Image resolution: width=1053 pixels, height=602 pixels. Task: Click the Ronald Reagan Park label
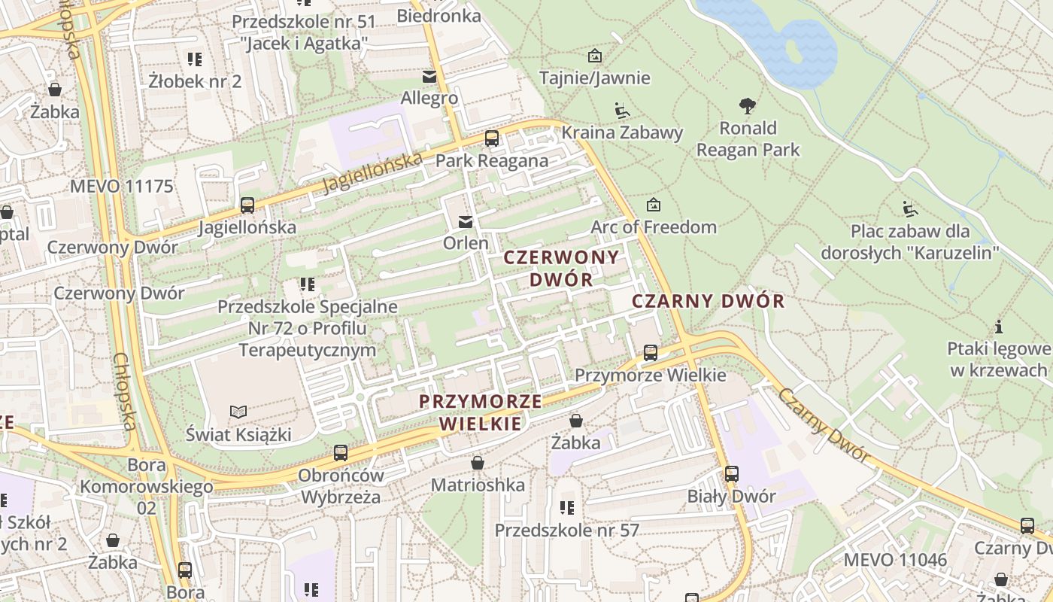click(x=748, y=139)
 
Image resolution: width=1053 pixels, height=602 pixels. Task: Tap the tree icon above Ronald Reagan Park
click(x=748, y=106)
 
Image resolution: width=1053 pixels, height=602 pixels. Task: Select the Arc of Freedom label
click(x=654, y=227)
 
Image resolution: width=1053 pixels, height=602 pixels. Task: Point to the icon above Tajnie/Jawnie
click(x=595, y=56)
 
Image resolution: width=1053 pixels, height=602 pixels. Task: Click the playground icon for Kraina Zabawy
click(x=621, y=111)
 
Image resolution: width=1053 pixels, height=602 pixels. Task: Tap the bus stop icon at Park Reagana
click(x=492, y=138)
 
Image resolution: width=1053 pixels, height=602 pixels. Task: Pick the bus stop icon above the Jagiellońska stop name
click(x=247, y=205)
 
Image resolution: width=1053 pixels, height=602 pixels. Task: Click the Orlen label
click(x=466, y=243)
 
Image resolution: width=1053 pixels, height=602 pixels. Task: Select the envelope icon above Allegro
click(x=429, y=77)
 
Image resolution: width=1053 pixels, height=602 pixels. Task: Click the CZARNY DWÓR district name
click(x=708, y=302)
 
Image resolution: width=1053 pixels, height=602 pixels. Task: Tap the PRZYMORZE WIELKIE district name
click(x=481, y=412)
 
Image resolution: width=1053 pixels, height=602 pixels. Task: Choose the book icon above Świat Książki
click(x=238, y=412)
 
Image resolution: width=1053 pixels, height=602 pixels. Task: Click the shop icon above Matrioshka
click(x=478, y=463)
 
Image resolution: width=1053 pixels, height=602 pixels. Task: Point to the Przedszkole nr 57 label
click(x=566, y=530)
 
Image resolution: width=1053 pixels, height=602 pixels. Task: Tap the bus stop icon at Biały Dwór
click(x=732, y=474)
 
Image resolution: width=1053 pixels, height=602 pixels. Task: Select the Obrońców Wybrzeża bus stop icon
click(x=341, y=453)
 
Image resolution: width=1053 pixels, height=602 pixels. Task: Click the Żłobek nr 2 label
click(x=195, y=81)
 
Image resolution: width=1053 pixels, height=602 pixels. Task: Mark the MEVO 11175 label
click(x=122, y=186)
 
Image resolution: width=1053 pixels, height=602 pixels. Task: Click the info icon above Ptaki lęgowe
click(x=999, y=327)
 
